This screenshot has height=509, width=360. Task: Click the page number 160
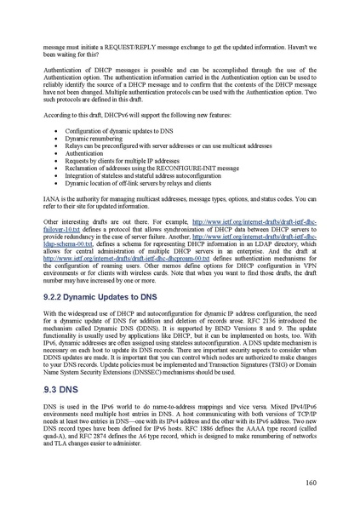pyautogui.click(x=311, y=481)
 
